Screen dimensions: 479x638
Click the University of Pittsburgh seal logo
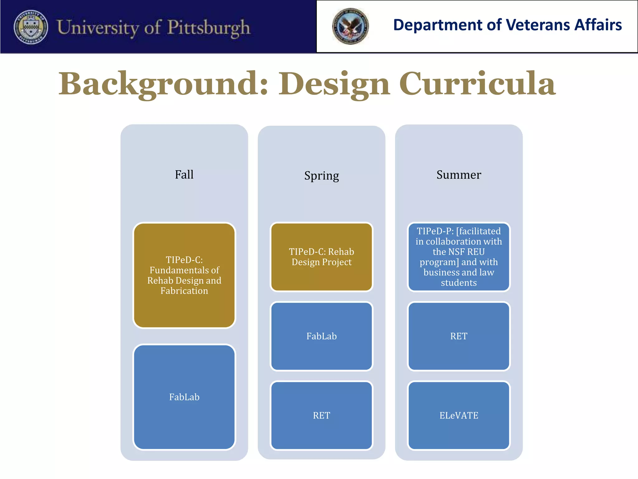click(31, 27)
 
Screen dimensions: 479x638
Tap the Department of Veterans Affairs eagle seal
click(350, 26)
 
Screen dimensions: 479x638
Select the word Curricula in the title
click(477, 84)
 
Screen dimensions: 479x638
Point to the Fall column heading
click(184, 175)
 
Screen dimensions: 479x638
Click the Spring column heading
click(321, 176)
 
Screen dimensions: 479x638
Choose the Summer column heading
click(459, 175)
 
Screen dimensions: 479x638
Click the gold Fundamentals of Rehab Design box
click(184, 275)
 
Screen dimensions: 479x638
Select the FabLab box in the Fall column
click(184, 397)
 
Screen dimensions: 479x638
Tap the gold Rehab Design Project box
click(321, 257)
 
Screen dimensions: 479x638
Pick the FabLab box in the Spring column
click(321, 336)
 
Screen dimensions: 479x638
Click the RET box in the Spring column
click(321, 415)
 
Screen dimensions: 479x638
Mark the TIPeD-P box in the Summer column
click(459, 257)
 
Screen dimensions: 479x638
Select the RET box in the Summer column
click(459, 336)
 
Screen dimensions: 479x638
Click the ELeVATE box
click(459, 415)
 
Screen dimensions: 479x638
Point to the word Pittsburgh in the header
click(209, 27)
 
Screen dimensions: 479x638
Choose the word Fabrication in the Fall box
click(184, 291)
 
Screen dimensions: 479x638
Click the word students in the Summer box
click(459, 283)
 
